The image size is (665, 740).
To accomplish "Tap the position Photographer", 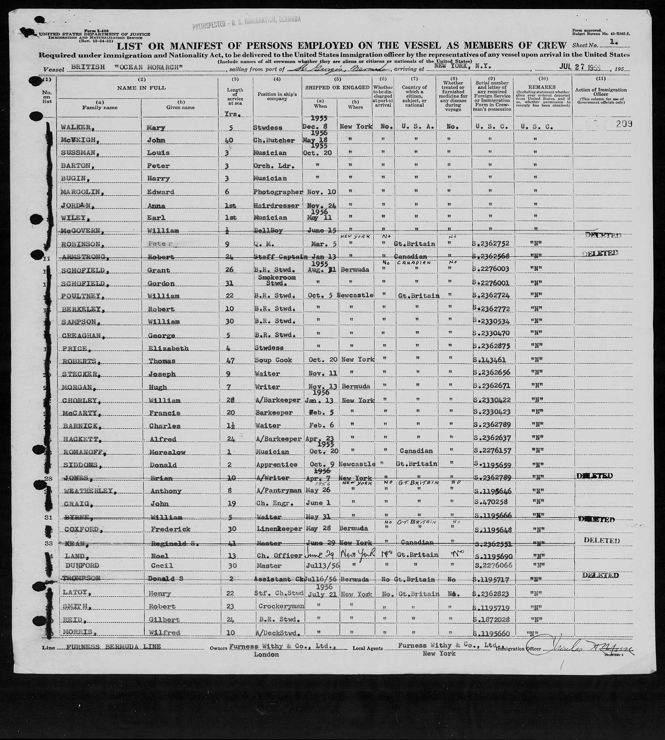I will [278, 192].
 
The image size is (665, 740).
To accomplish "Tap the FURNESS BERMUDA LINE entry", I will [114, 647].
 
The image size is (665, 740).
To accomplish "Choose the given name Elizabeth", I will [168, 348].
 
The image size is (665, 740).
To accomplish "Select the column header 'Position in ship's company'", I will [277, 97].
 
